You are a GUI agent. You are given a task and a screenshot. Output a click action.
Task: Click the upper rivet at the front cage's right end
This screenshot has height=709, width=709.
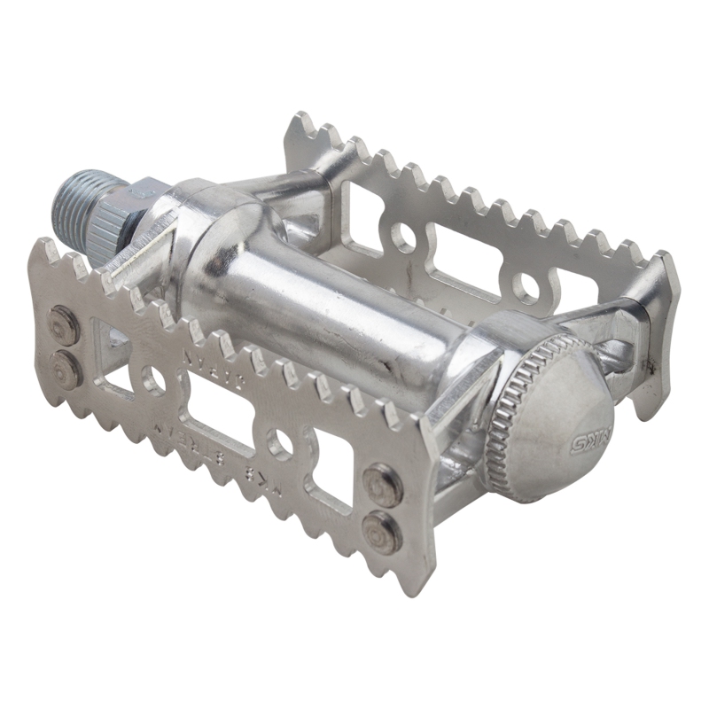[382, 482]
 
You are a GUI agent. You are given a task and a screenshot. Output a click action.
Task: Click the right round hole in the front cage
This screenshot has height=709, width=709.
[282, 444]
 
